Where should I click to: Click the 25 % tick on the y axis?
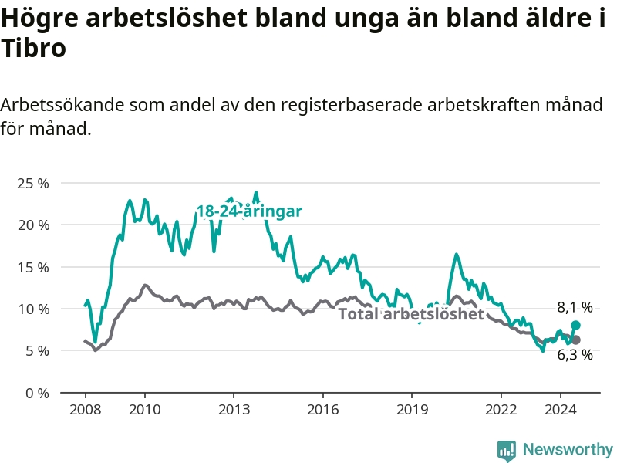(x=33, y=183)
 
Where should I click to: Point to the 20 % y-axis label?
(x=33, y=225)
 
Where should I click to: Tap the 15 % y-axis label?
(x=33, y=267)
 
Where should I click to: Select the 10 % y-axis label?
(x=33, y=309)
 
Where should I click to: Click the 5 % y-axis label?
(x=37, y=351)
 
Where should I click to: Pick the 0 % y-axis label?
(x=37, y=393)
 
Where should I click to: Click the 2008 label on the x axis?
(x=85, y=410)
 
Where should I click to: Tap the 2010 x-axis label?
(x=145, y=410)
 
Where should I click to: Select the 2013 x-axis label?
(x=234, y=410)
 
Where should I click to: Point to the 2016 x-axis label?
(x=322, y=410)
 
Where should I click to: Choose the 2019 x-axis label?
(x=412, y=410)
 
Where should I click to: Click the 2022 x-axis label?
(x=501, y=410)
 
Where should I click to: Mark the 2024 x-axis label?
(x=561, y=410)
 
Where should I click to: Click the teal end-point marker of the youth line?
(x=575, y=325)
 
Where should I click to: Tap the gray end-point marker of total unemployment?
(x=575, y=340)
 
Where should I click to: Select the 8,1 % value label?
(x=575, y=307)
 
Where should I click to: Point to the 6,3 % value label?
(x=575, y=355)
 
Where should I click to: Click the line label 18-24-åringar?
(x=249, y=211)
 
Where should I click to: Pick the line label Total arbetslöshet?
(x=411, y=314)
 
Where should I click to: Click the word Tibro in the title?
(x=33, y=48)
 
